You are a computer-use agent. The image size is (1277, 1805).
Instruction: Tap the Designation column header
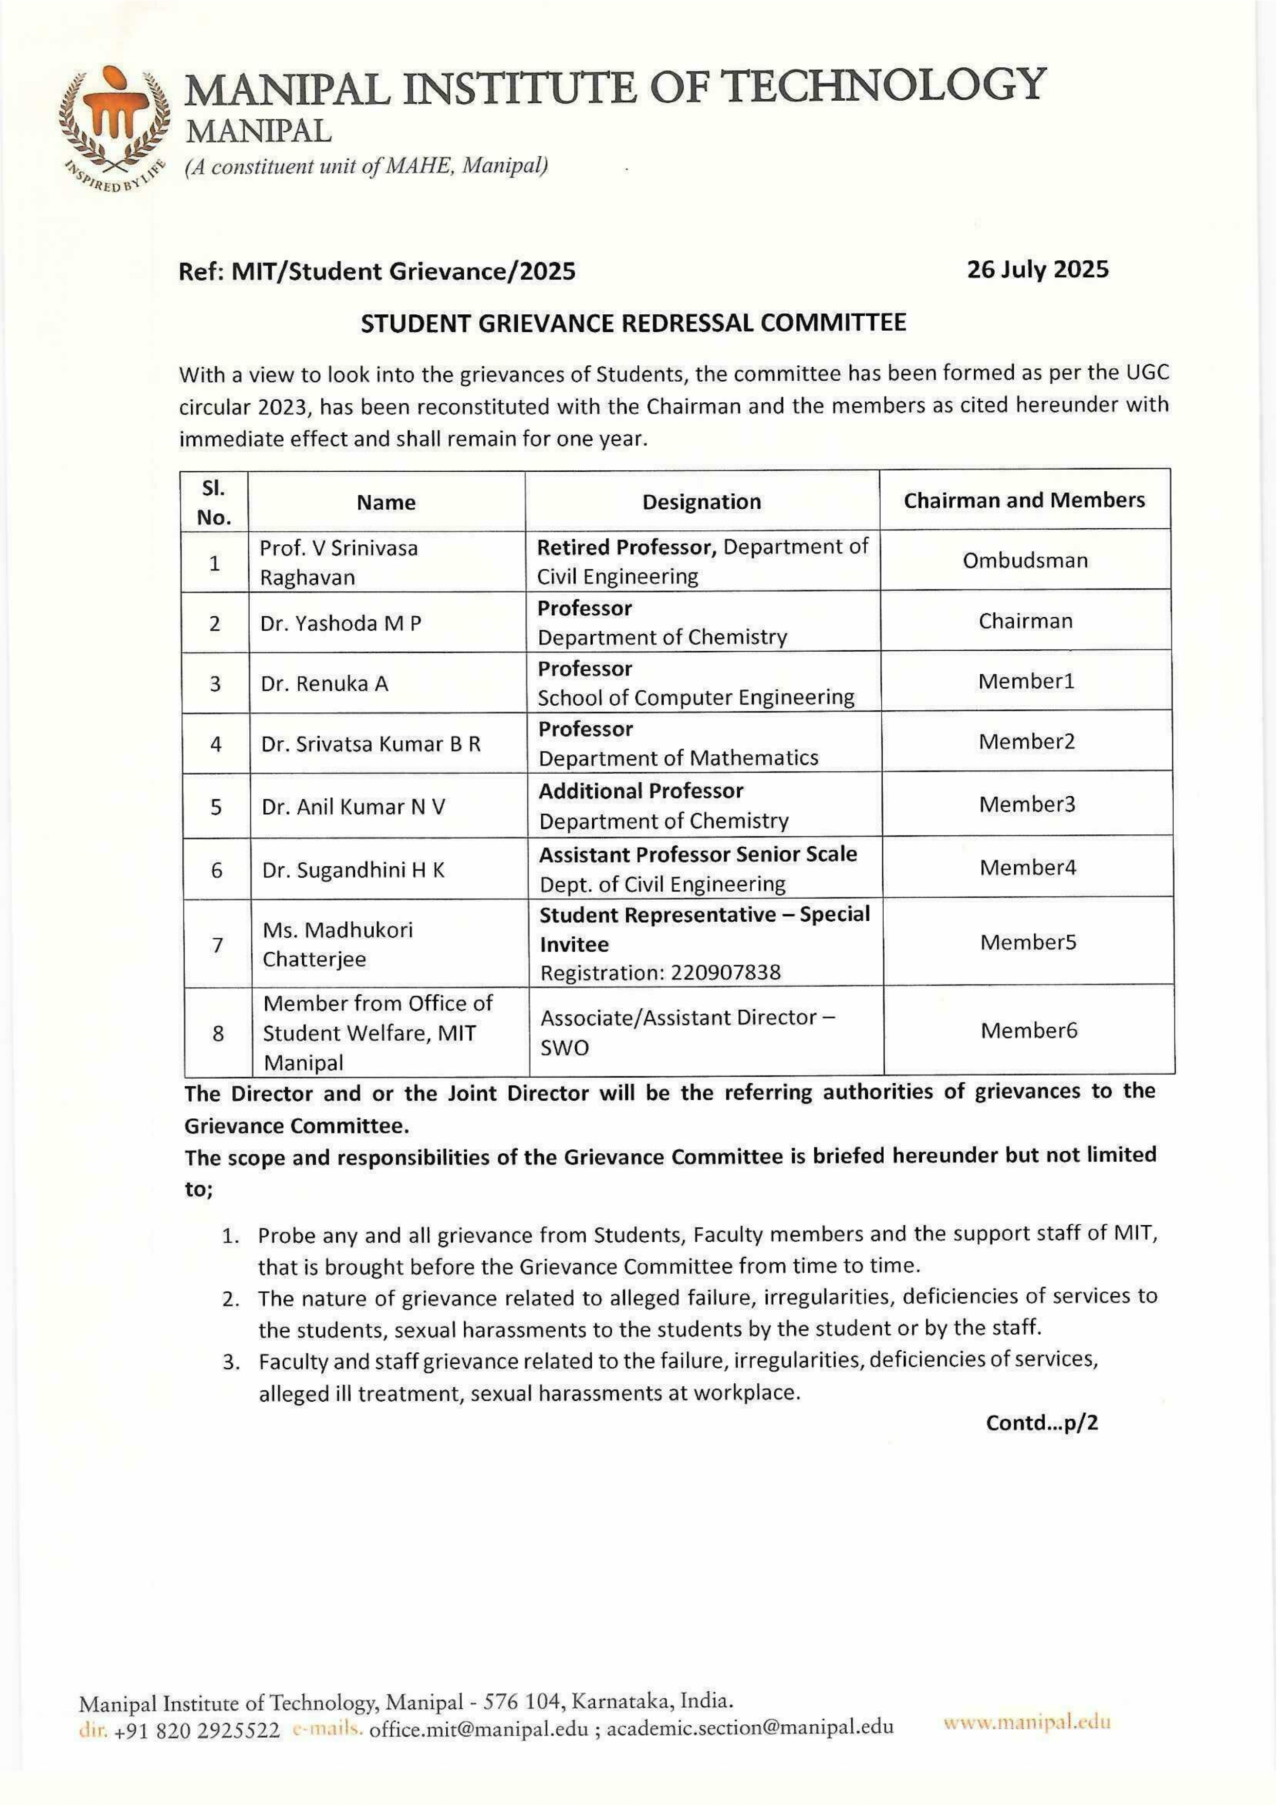click(701, 502)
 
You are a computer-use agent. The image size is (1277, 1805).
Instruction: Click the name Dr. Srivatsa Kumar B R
click(370, 744)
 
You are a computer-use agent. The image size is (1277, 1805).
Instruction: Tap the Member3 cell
click(1026, 804)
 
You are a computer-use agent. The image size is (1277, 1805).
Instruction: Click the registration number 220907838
click(726, 973)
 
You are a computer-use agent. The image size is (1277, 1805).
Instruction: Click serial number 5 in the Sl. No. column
click(216, 807)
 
